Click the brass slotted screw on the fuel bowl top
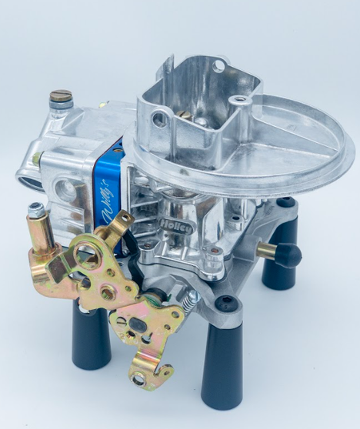click(61, 98)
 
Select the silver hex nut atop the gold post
click(35, 209)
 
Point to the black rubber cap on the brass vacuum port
click(289, 254)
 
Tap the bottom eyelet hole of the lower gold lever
click(138, 378)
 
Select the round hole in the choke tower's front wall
click(159, 120)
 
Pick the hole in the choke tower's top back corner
click(219, 67)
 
